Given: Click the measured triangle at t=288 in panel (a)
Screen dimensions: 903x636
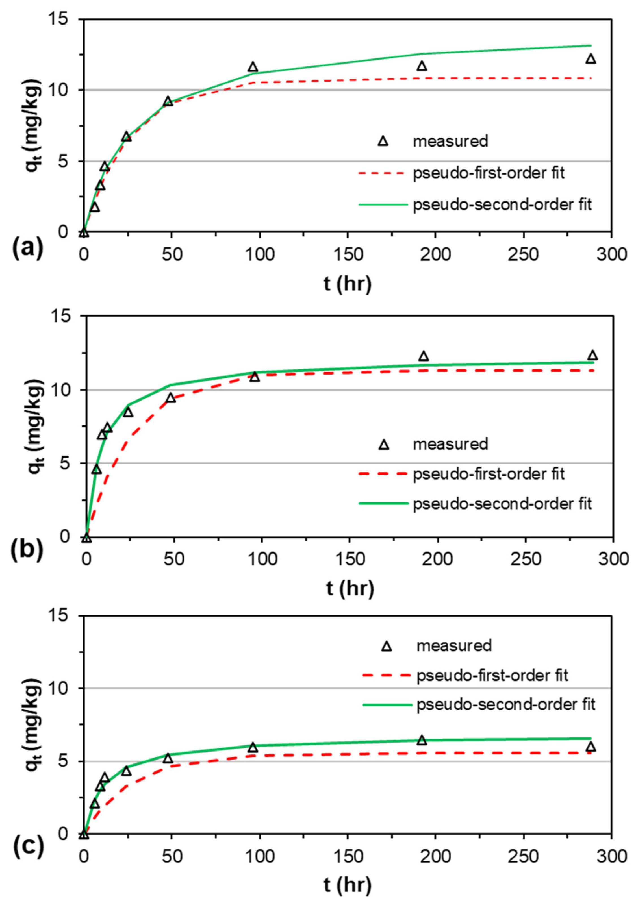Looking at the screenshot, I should [x=591, y=59].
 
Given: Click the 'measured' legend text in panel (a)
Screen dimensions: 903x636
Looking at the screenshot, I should [x=450, y=141].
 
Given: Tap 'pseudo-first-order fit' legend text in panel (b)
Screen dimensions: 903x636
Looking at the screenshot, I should [x=489, y=473].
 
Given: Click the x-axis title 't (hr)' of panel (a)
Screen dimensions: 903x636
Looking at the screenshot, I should [x=348, y=284].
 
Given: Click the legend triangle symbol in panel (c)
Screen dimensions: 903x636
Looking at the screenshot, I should [x=387, y=646].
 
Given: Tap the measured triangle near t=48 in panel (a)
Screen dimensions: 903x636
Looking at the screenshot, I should [x=168, y=101].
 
